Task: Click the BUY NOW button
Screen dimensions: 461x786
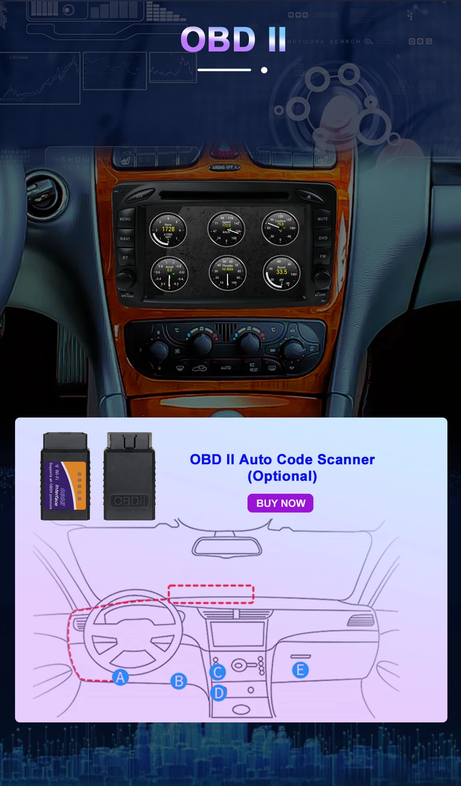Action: tap(280, 503)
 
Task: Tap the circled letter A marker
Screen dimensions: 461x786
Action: tap(120, 677)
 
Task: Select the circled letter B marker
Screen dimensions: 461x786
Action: tap(179, 681)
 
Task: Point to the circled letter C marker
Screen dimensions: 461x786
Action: tap(218, 672)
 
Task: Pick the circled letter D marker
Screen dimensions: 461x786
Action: tap(219, 693)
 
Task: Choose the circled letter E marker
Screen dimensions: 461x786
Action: tap(300, 670)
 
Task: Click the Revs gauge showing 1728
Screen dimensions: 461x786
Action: tap(168, 230)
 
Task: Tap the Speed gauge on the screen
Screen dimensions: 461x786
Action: tap(226, 229)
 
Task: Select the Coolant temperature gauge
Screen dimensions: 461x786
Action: tap(280, 228)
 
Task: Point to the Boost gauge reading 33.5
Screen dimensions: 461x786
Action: tap(281, 273)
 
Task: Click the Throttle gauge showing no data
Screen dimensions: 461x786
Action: tap(227, 273)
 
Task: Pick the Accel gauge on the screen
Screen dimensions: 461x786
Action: tap(169, 274)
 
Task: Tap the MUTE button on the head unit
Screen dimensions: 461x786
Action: tap(323, 219)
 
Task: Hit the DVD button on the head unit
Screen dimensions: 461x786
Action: tap(323, 238)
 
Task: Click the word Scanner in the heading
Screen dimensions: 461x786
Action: tap(346, 459)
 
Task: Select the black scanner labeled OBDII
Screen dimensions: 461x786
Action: tap(130, 476)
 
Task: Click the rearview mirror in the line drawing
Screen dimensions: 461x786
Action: tap(227, 547)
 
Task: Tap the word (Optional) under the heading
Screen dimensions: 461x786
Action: tap(282, 476)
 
